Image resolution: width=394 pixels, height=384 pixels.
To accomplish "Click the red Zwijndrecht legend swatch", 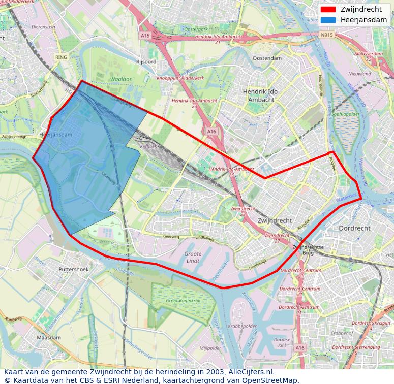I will (x=328, y=9).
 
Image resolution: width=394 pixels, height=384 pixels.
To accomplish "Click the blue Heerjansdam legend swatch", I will (x=328, y=20).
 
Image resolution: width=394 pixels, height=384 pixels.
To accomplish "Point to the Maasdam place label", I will (x=48, y=337).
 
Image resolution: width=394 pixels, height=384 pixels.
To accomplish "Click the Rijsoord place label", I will (x=146, y=61).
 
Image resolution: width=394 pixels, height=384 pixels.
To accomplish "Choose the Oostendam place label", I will (x=267, y=58).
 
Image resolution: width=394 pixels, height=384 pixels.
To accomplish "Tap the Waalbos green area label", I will (x=120, y=79).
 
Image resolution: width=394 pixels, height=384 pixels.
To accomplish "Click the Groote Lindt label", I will (x=193, y=257).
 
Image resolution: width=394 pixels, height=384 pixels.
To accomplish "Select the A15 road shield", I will (x=145, y=36).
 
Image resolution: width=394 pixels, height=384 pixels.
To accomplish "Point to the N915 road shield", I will (x=326, y=35).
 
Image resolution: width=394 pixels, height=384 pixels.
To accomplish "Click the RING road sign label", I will (x=61, y=57).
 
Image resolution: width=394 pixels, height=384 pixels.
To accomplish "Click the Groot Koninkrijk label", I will (x=183, y=301).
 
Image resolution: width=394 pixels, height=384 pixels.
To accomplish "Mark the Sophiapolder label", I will (x=346, y=114).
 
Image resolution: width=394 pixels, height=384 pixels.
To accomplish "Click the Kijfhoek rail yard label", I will (x=148, y=146).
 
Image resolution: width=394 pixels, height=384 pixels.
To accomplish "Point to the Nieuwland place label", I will (x=359, y=74).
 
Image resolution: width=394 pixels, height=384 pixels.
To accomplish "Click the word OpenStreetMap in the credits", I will (x=272, y=380).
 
